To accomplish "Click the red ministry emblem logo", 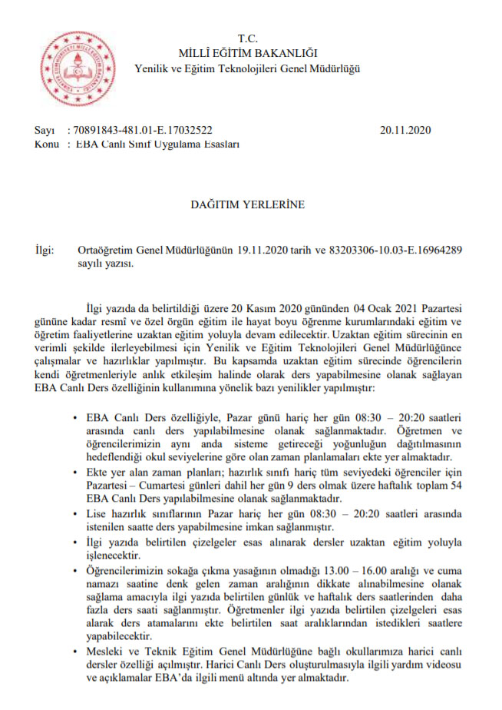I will [x=71, y=65].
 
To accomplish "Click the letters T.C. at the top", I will [x=247, y=38].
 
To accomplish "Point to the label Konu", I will [x=47, y=143].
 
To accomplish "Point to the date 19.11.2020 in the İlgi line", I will [x=259, y=250].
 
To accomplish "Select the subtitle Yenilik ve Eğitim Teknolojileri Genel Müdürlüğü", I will [x=247, y=68].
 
